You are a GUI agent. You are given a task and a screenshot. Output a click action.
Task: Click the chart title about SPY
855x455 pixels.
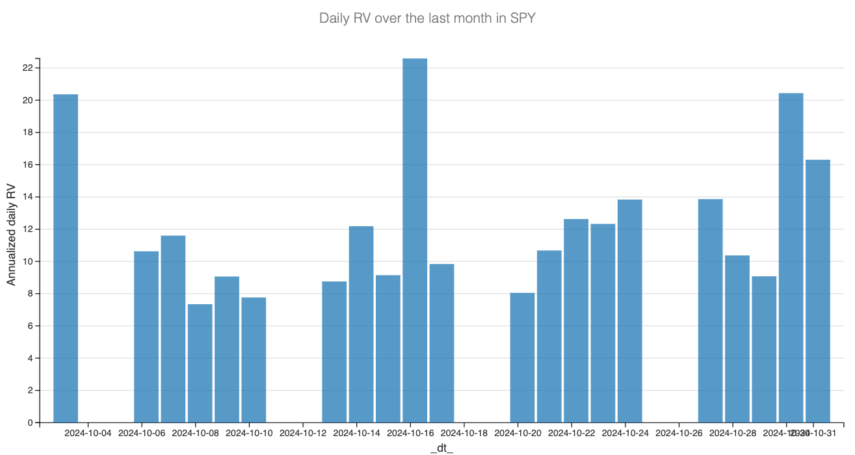[427, 18]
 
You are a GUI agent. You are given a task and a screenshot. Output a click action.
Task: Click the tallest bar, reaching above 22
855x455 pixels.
[415, 240]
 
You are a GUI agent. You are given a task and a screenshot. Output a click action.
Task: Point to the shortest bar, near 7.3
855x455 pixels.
[200, 363]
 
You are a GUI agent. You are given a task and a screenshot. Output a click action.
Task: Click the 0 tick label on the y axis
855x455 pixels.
[30, 423]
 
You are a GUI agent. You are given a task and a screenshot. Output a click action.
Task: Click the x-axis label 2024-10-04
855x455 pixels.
[88, 433]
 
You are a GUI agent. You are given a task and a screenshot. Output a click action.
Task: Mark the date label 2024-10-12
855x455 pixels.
[303, 433]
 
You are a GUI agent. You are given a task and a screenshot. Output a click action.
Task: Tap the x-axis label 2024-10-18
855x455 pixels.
[464, 433]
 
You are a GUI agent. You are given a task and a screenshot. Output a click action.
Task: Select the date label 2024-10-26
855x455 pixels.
[679, 433]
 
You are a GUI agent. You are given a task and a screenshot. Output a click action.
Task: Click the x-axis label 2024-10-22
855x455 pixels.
[572, 433]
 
